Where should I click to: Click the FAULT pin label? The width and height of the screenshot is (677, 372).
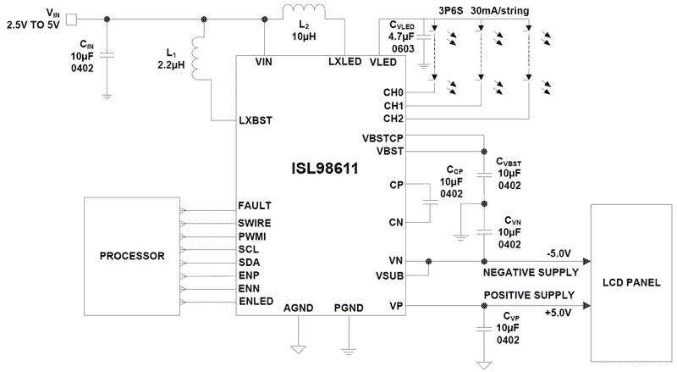point(254,206)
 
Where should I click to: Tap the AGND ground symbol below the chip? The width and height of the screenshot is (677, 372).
point(297,347)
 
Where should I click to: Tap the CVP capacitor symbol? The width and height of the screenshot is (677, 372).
point(483,324)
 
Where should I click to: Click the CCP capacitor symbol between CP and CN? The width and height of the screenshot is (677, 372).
point(429,203)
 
